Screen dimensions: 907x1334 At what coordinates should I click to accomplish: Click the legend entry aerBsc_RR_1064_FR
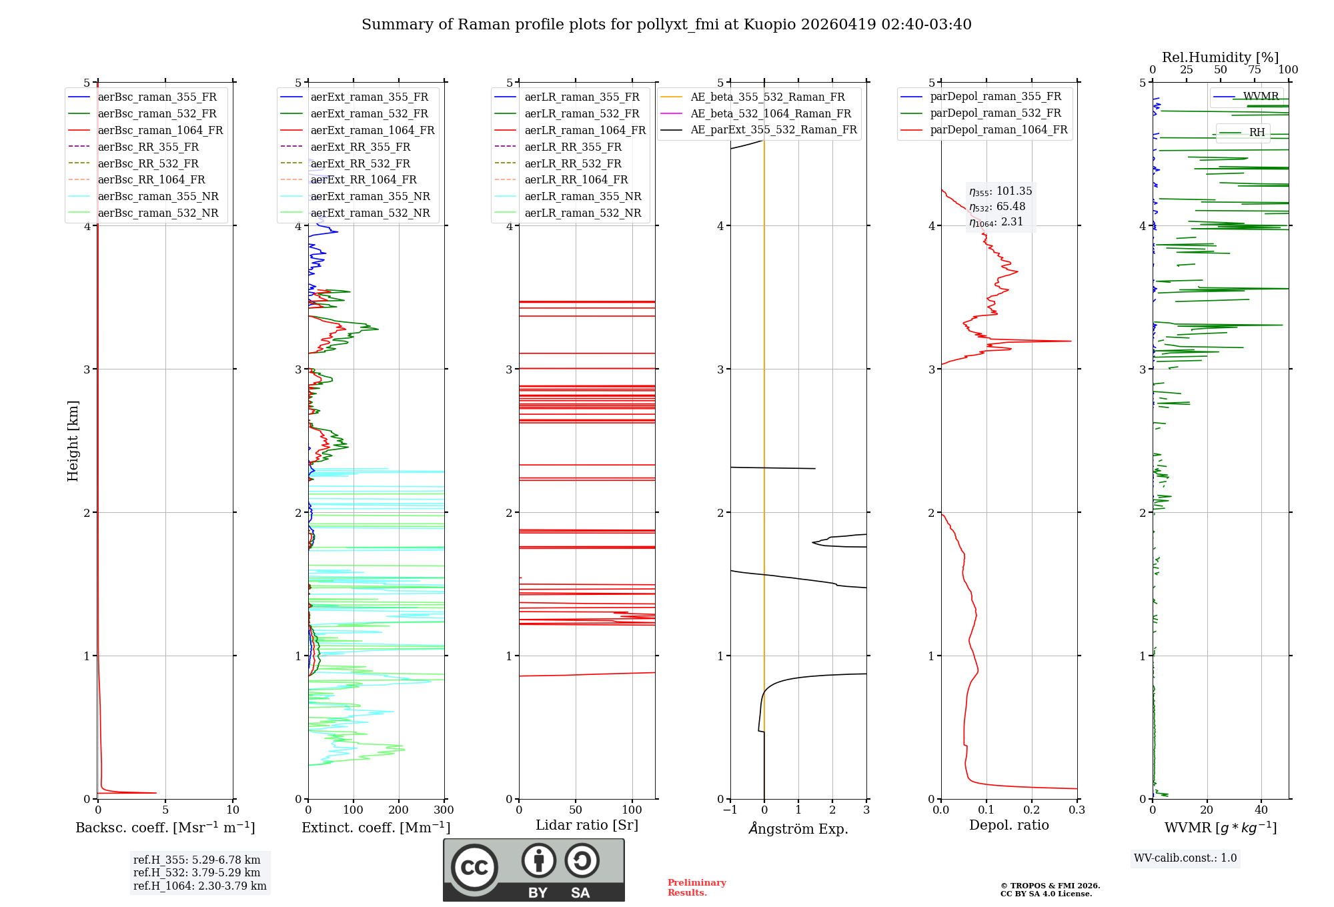coord(151,180)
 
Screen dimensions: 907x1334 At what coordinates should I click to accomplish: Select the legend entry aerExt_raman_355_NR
coord(370,197)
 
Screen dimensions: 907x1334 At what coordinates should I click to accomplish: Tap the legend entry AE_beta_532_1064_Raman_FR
coord(770,114)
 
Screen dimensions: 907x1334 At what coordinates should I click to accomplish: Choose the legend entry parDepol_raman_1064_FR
coord(998,130)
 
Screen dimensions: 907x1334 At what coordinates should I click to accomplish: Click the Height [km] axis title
coord(73,441)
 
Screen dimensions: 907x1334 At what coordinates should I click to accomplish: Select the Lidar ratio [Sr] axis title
coord(587,826)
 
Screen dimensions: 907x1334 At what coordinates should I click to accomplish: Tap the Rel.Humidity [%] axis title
coord(1220,57)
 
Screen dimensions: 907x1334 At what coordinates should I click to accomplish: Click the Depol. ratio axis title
coord(1009,826)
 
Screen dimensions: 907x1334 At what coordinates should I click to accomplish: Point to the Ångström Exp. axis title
coord(798,829)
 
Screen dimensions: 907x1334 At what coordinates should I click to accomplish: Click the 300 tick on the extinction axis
coord(444,810)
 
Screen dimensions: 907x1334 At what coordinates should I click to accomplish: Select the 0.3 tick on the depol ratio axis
coord(1077,810)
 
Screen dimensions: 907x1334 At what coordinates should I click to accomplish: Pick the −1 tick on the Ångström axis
coord(730,810)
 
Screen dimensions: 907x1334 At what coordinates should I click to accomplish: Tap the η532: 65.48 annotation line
coord(997,207)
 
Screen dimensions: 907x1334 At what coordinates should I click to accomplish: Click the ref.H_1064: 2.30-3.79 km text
coord(199,886)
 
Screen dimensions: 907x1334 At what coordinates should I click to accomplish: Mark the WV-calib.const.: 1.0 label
coord(1185,858)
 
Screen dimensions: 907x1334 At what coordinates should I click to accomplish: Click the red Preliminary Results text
coord(696,888)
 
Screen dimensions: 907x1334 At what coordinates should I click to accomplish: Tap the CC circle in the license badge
coord(474,868)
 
